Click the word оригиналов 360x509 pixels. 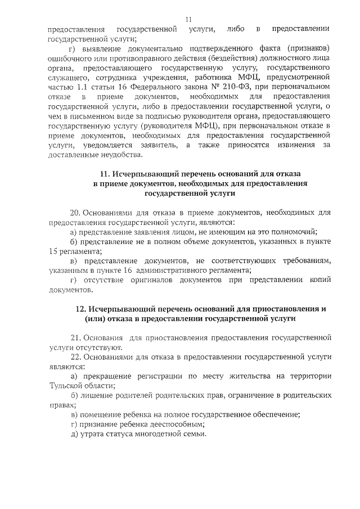click(x=159, y=281)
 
